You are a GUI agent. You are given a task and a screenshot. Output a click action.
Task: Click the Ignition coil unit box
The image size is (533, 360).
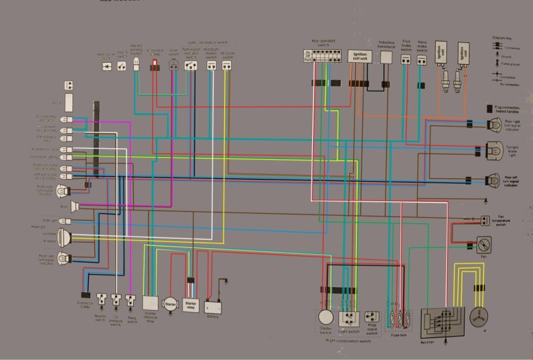click(x=360, y=57)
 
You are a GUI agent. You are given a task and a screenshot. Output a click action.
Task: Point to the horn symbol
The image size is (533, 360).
click(x=75, y=206)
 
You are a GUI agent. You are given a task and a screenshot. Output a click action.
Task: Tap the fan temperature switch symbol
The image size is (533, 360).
click(x=484, y=220)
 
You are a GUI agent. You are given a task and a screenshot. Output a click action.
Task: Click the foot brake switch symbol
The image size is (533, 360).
click(x=406, y=60)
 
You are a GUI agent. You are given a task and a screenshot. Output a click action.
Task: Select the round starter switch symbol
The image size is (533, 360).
click(x=325, y=317)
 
